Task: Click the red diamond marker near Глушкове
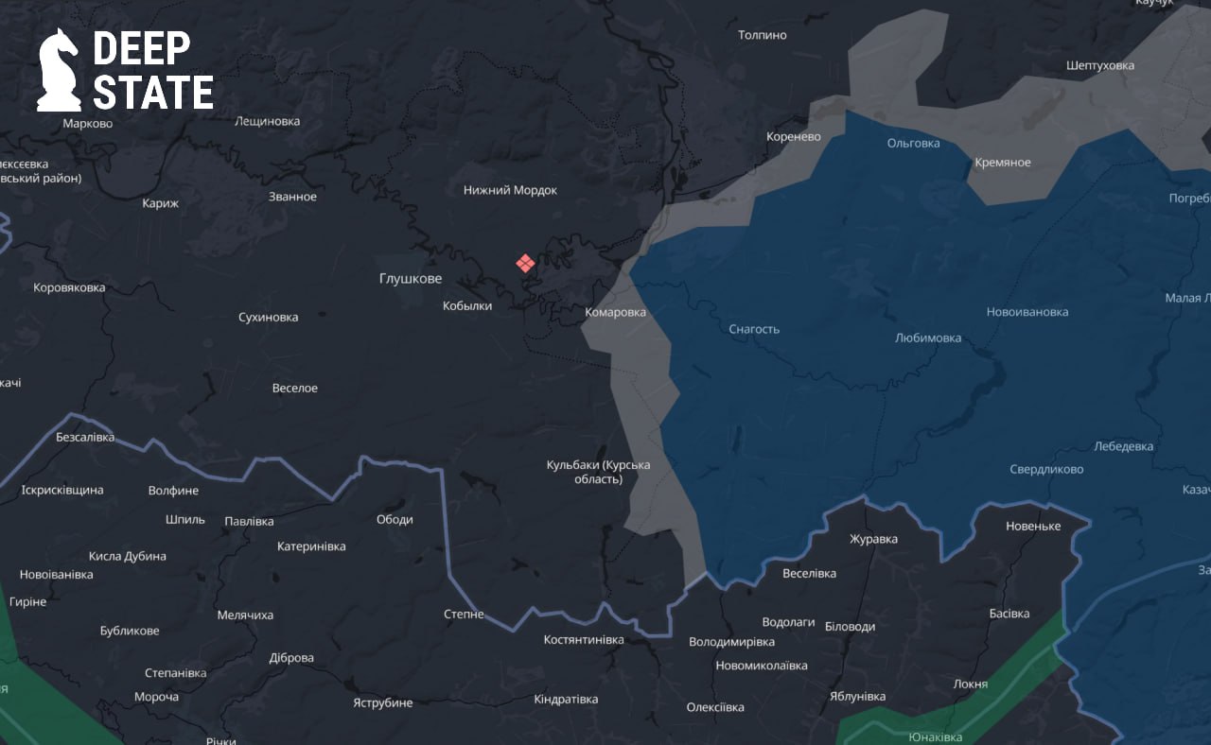click(525, 263)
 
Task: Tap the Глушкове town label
click(410, 278)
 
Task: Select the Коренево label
click(793, 136)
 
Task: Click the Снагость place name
click(754, 329)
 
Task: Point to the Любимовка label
click(927, 338)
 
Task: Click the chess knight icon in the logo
click(59, 70)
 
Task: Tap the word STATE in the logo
click(152, 94)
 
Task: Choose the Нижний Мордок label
click(510, 190)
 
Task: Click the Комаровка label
click(615, 312)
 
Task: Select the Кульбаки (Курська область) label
click(598, 472)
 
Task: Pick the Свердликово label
click(1046, 469)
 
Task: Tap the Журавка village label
click(873, 539)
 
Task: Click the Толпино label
click(762, 35)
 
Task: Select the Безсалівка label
click(85, 437)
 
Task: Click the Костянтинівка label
click(584, 640)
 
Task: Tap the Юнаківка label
click(935, 737)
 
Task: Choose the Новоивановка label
click(1027, 312)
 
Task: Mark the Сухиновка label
click(268, 317)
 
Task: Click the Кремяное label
click(1002, 163)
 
